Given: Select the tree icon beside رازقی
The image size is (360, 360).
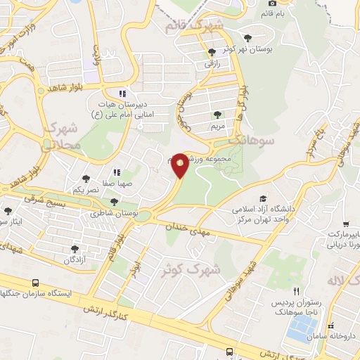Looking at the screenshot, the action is tap(212, 52).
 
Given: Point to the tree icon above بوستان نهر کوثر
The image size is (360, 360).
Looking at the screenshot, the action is tap(246, 38).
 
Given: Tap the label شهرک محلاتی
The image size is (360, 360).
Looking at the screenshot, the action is tap(61, 138).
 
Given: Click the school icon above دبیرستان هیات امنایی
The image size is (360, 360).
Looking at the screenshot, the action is tap(122, 93).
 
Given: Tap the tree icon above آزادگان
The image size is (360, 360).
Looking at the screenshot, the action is tap(75, 249).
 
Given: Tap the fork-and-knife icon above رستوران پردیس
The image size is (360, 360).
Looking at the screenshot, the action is tap(296, 290).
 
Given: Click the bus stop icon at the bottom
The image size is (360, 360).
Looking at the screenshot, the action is tap(230, 351).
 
